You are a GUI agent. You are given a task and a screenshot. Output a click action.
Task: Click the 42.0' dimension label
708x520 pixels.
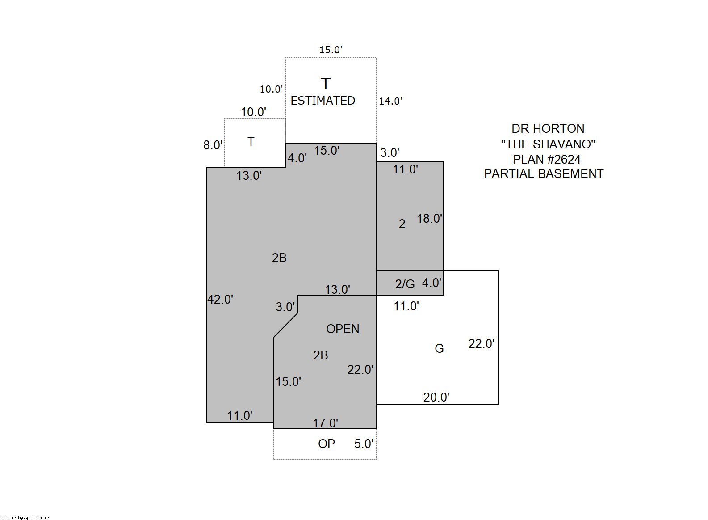click(220, 299)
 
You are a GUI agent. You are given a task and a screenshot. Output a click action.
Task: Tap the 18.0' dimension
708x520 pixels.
click(429, 218)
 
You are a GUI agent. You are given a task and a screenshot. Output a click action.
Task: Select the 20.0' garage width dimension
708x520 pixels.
click(436, 397)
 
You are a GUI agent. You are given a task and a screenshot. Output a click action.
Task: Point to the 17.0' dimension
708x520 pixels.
click(325, 423)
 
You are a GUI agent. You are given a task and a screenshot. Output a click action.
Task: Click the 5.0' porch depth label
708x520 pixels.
click(364, 444)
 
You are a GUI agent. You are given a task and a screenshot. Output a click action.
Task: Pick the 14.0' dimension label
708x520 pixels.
click(390, 101)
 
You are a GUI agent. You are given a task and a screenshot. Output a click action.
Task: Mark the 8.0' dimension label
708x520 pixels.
click(213, 145)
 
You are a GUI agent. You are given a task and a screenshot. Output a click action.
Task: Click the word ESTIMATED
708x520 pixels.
click(323, 101)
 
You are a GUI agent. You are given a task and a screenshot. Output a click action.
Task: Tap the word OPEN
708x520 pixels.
click(343, 329)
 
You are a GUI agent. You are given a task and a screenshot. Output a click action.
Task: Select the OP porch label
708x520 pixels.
click(327, 444)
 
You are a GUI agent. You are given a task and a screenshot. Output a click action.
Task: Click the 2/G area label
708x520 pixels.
click(405, 283)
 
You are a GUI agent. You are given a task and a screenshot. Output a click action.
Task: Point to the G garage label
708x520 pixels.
click(439, 348)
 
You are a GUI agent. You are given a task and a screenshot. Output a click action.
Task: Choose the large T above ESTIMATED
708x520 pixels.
click(326, 84)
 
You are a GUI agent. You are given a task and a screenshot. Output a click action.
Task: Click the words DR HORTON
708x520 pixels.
click(548, 128)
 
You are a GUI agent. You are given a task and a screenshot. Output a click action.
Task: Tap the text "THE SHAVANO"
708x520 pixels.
click(548, 144)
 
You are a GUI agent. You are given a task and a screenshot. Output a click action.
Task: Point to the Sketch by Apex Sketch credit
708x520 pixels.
click(26, 517)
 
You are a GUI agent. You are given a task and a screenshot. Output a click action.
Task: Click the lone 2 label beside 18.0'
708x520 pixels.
click(402, 224)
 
